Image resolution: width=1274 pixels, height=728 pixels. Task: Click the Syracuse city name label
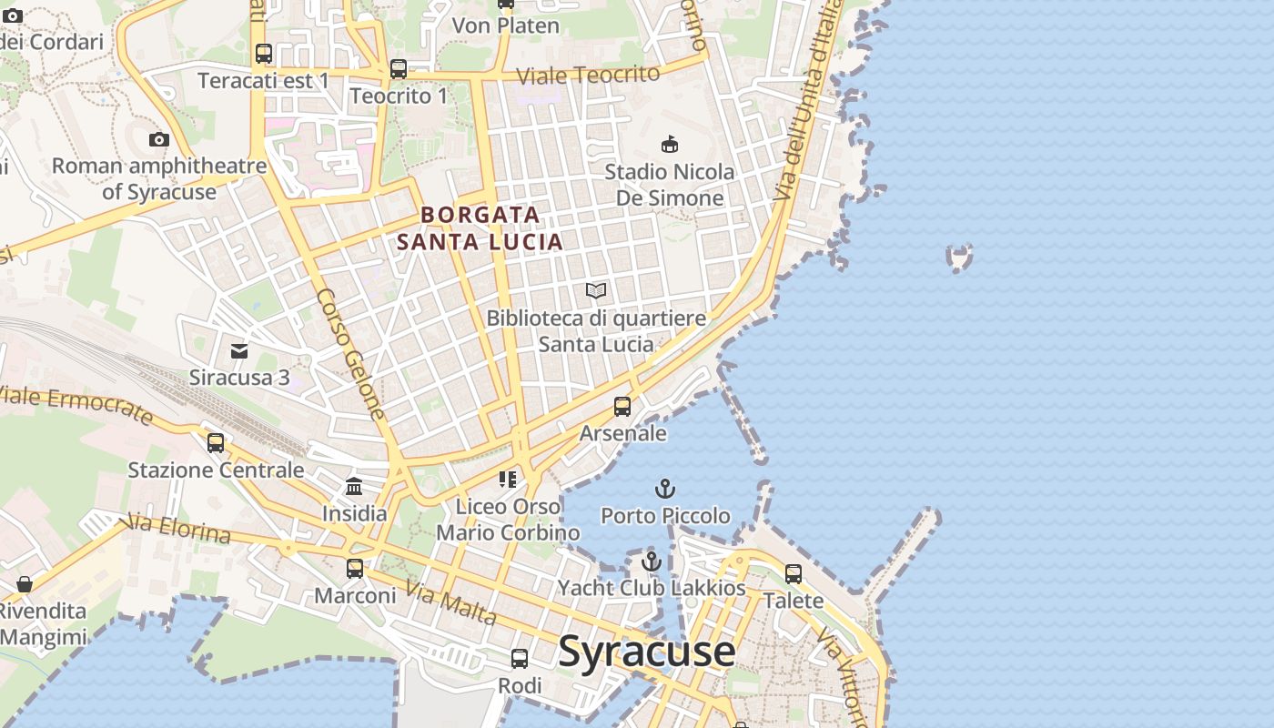click(x=646, y=652)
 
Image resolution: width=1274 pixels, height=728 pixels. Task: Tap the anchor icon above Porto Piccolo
click(x=665, y=489)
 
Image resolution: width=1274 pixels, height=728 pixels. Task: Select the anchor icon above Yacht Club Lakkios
click(x=651, y=561)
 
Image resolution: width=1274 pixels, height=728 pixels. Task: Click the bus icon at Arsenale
click(x=622, y=407)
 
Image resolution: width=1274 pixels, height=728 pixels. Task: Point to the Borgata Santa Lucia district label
click(x=480, y=228)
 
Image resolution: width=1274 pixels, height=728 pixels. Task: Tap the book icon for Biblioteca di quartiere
click(x=596, y=291)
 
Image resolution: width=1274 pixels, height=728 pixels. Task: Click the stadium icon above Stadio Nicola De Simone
click(x=670, y=144)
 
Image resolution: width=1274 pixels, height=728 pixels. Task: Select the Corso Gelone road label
click(x=351, y=355)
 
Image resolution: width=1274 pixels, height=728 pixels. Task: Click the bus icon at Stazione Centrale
click(x=216, y=443)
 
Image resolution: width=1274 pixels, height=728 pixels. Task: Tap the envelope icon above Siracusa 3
click(x=239, y=350)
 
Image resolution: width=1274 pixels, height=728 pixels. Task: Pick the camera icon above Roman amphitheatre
click(x=159, y=139)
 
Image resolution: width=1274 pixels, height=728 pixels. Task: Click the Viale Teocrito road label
click(x=588, y=76)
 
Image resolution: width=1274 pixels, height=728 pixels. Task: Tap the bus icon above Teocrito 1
click(x=399, y=68)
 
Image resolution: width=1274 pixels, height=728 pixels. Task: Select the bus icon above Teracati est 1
click(x=264, y=54)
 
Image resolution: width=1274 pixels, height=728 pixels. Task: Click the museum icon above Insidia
click(x=354, y=487)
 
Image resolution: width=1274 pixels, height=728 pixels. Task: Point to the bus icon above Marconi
click(x=355, y=569)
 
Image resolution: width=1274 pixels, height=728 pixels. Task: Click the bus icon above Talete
click(x=794, y=574)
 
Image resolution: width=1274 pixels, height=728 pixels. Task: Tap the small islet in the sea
click(x=959, y=258)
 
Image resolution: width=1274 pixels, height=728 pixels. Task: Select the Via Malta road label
click(x=451, y=603)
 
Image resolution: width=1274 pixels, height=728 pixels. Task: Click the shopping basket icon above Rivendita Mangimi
click(x=25, y=584)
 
